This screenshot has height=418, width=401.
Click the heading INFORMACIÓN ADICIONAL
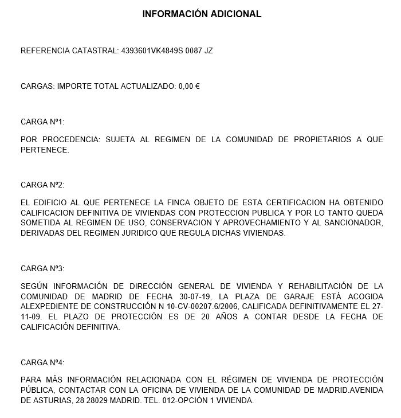coord(202,14)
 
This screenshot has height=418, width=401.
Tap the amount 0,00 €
coord(188,86)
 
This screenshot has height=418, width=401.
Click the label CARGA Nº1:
coord(42,122)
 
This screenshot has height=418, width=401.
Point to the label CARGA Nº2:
coord(42,185)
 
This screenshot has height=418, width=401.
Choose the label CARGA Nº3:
coord(42,268)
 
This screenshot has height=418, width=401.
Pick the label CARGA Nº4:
coord(42,362)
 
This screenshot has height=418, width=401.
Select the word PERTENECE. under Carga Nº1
coord(45,150)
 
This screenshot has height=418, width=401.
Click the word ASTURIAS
coord(53,401)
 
